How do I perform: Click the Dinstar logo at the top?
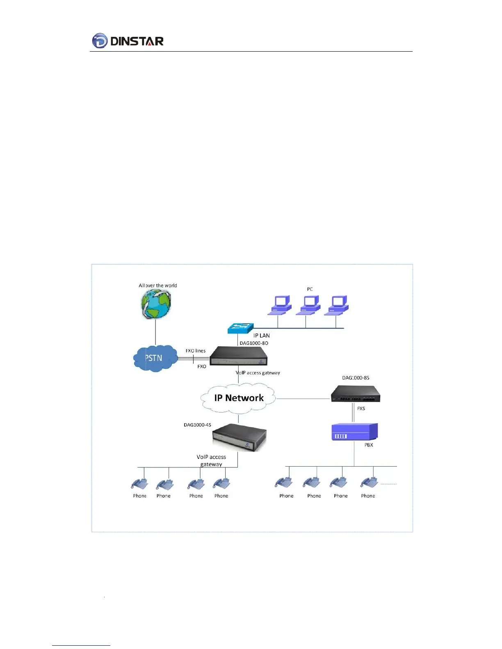pyautogui.click(x=128, y=41)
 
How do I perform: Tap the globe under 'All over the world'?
pyautogui.click(x=156, y=304)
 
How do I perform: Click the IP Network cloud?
pyautogui.click(x=238, y=398)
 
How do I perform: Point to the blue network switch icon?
pyautogui.click(x=240, y=328)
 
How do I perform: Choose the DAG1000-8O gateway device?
pyautogui.click(x=238, y=356)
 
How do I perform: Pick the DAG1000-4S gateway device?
pyautogui.click(x=240, y=437)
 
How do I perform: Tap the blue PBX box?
pyautogui.click(x=354, y=432)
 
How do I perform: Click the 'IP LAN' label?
pyautogui.click(x=261, y=336)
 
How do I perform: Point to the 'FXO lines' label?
pyautogui.click(x=196, y=351)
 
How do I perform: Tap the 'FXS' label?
pyautogui.click(x=361, y=408)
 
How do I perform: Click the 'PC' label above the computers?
pyautogui.click(x=310, y=289)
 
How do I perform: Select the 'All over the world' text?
pyautogui.click(x=158, y=286)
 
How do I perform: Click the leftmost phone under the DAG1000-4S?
pyautogui.click(x=139, y=484)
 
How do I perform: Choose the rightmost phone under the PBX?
pyautogui.click(x=369, y=483)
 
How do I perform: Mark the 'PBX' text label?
pyautogui.click(x=369, y=445)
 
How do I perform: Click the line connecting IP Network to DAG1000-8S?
pyautogui.click(x=303, y=398)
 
